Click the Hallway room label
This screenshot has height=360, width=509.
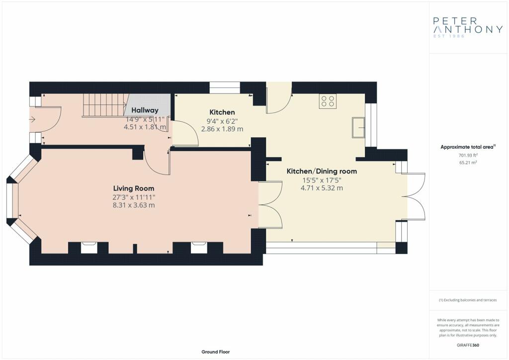[x=145, y=110]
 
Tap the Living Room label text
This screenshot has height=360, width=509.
[x=134, y=188]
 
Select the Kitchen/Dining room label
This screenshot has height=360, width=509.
[x=322, y=171]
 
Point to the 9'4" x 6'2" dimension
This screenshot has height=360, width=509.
[x=222, y=121]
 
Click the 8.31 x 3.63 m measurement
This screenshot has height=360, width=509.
[x=134, y=205]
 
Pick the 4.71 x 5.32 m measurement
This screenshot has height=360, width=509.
[x=322, y=188]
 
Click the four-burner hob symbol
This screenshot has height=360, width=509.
[x=328, y=101]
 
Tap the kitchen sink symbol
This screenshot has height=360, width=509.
[x=358, y=128]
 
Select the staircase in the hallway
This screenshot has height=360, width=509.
[x=104, y=105]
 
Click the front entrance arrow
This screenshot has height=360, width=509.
[x=32, y=119]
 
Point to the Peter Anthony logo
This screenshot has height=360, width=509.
[x=468, y=27]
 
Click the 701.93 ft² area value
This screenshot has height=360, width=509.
[x=468, y=155]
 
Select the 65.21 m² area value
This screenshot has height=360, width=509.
[x=468, y=162]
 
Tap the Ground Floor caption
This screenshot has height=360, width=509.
[x=216, y=352]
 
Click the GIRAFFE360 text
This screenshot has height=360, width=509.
[x=468, y=345]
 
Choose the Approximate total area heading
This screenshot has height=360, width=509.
[x=468, y=147]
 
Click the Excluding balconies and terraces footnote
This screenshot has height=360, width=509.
[x=468, y=300]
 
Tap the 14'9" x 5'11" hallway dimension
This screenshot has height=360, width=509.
[x=145, y=119]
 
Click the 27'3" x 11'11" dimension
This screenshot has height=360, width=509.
[x=134, y=197]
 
